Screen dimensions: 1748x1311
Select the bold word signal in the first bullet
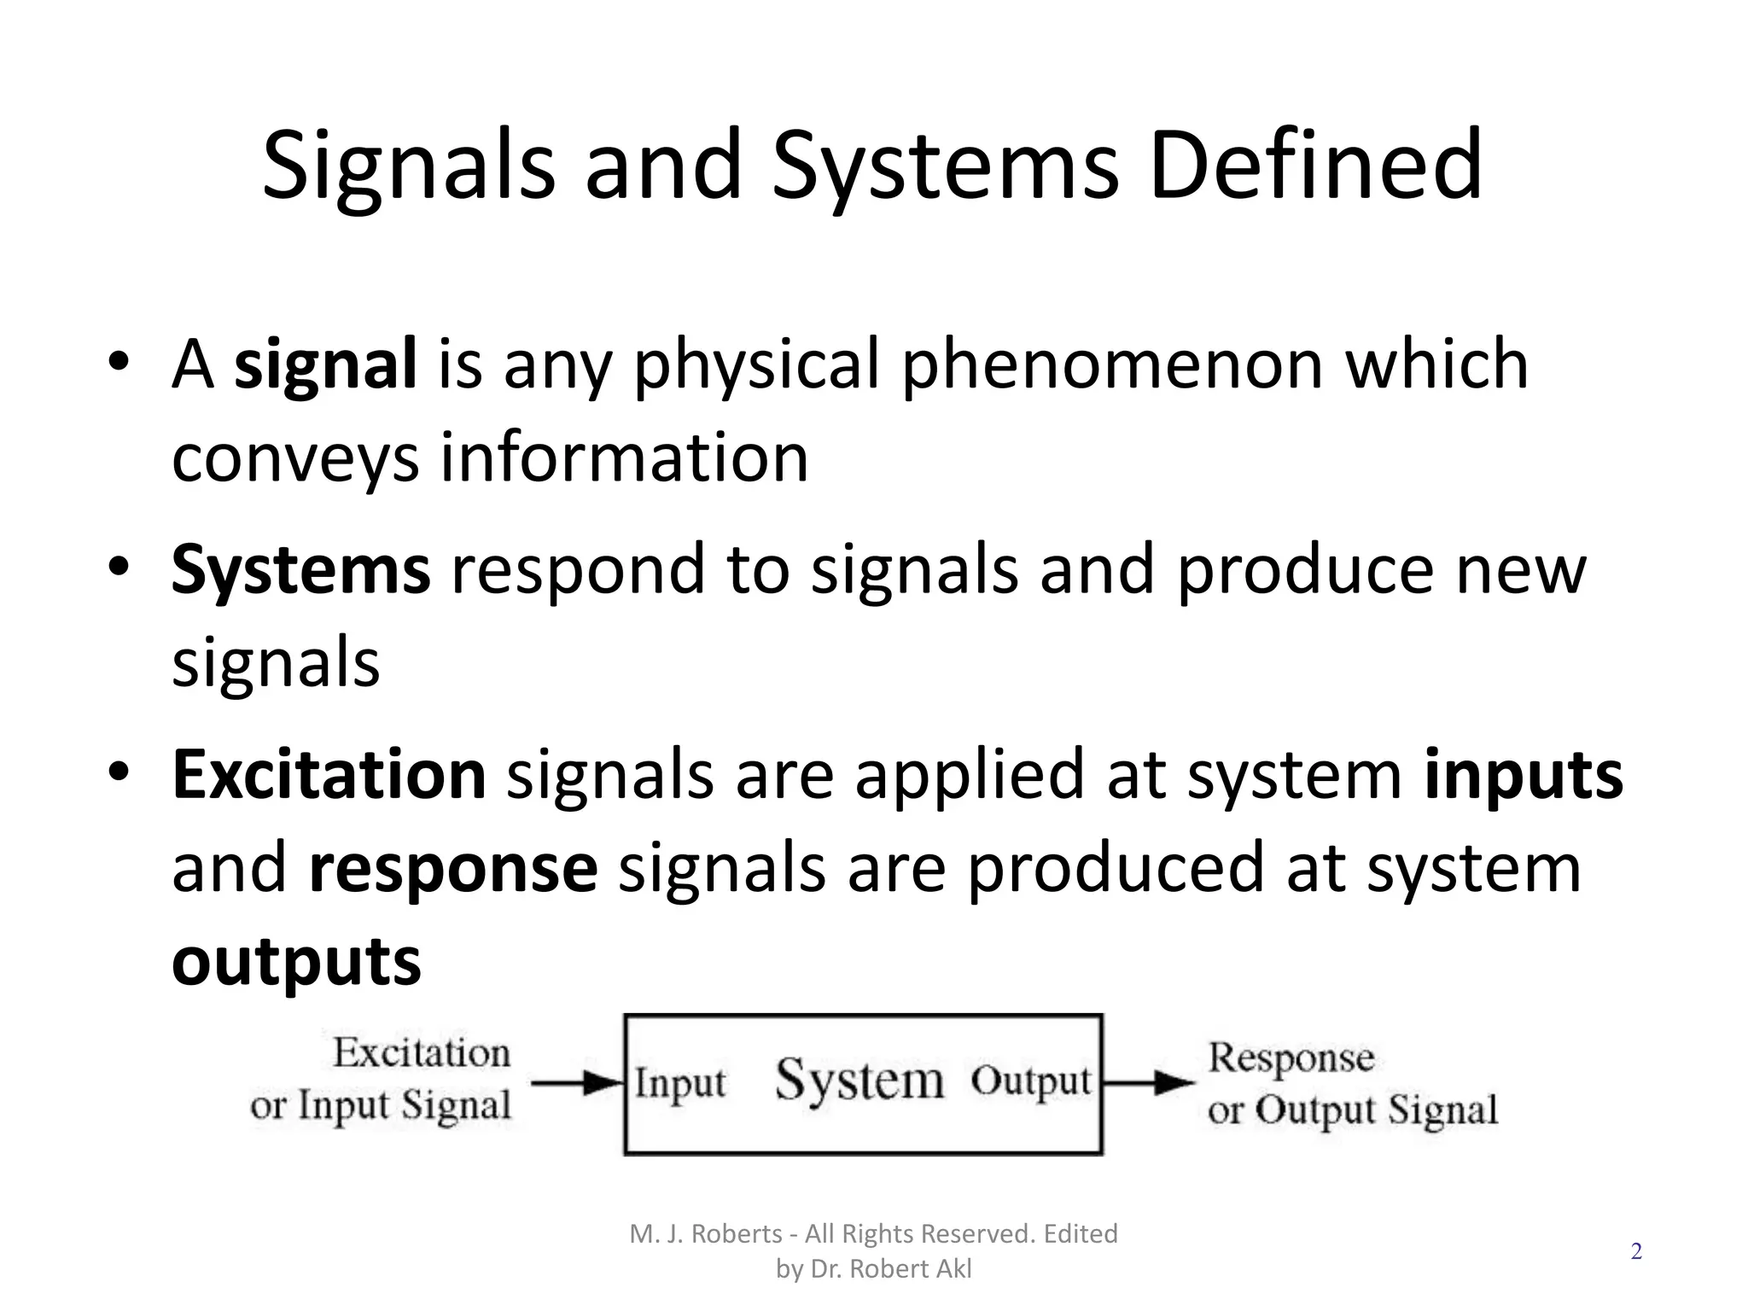pyautogui.click(x=325, y=364)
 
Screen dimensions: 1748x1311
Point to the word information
pyautogui.click(x=624, y=457)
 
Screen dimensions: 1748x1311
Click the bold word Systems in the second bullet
pyautogui.click(x=300, y=569)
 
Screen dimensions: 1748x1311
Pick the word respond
pyautogui.click(x=578, y=569)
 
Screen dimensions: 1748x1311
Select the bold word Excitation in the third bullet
pyautogui.click(x=329, y=774)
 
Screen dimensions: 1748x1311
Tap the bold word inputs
pyautogui.click(x=1523, y=774)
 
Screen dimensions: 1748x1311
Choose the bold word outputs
pyautogui.click(x=296, y=961)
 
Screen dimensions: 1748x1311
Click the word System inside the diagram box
pyautogui.click(x=859, y=1081)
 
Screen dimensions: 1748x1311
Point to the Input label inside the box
pyautogui.click(x=679, y=1084)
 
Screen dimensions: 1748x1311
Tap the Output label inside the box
pyautogui.click(x=1031, y=1082)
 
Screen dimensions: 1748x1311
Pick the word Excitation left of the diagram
pyautogui.click(x=422, y=1052)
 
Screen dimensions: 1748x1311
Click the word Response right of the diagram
pyautogui.click(x=1291, y=1058)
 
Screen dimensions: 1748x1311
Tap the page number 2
pyautogui.click(x=1636, y=1252)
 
